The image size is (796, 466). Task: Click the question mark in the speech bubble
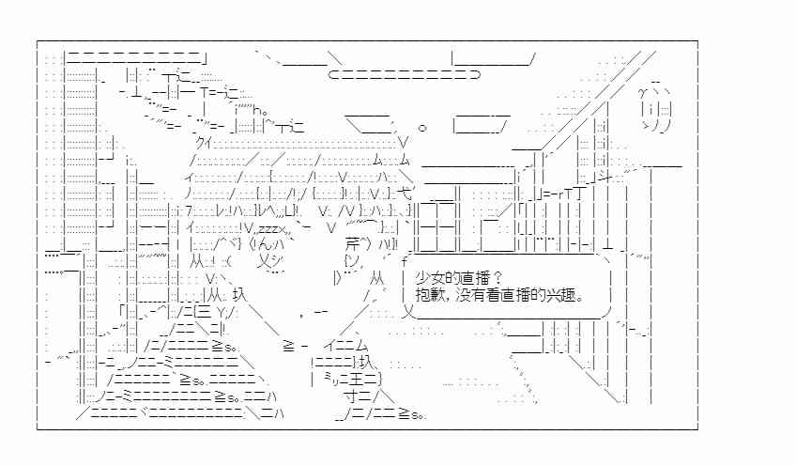tap(497, 278)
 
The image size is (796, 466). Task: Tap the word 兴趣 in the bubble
tap(560, 295)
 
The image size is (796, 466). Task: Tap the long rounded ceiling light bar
tap(404, 75)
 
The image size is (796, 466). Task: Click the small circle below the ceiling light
tap(422, 127)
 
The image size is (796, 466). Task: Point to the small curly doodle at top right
tap(656, 108)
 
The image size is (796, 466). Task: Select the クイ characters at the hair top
tap(203, 144)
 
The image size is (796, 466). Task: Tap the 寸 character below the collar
tap(351, 395)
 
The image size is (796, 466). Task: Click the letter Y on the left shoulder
tap(221, 311)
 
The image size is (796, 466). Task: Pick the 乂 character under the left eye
tap(263, 261)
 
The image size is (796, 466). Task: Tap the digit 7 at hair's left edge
tap(189, 210)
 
